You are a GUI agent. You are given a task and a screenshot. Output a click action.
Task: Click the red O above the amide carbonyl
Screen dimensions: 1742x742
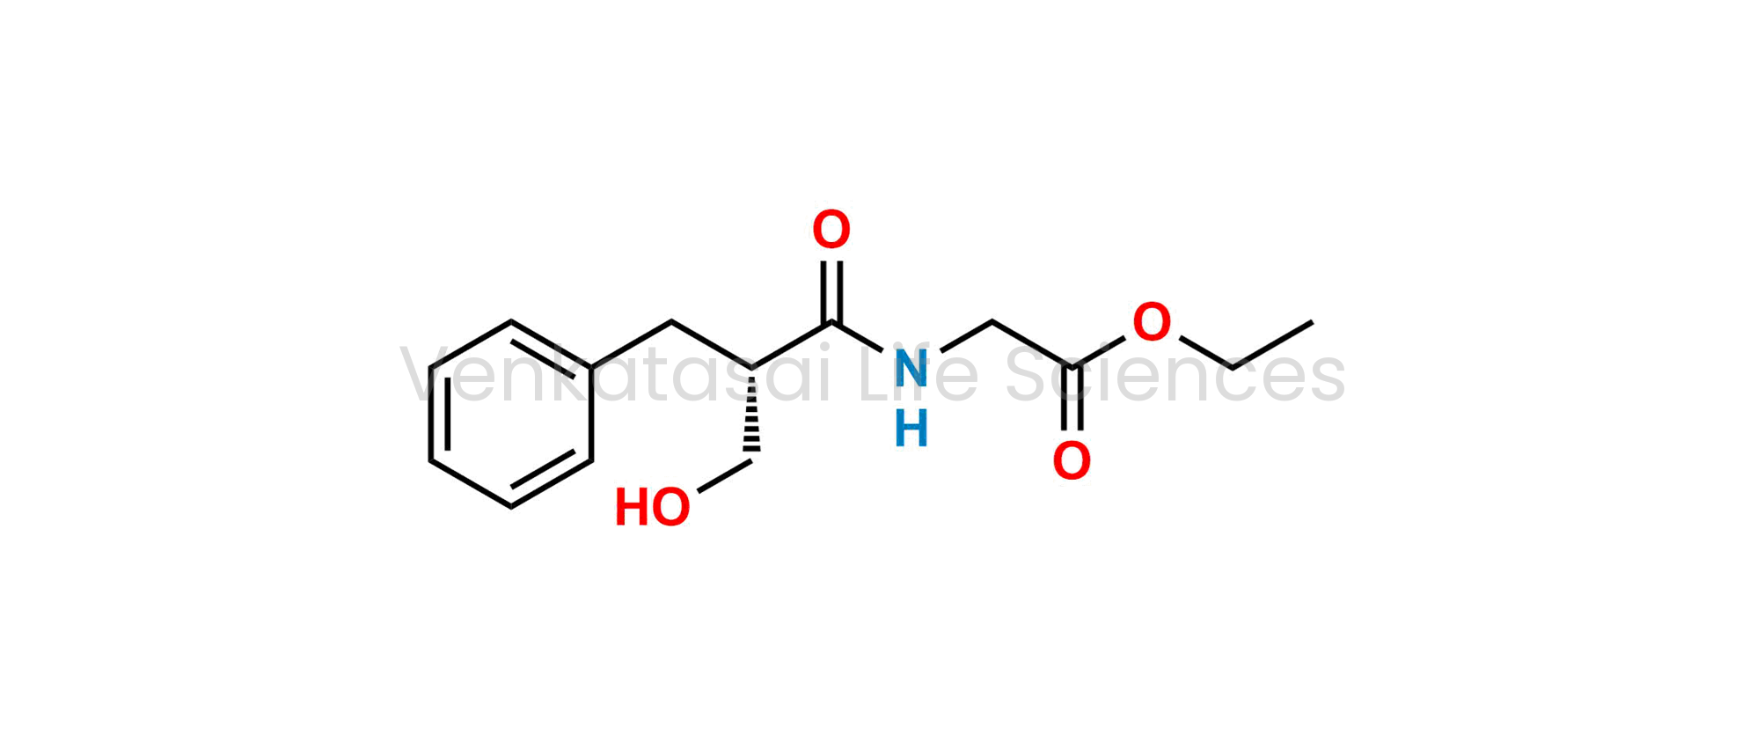tap(831, 230)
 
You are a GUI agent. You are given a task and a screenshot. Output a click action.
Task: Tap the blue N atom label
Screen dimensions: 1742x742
tap(911, 368)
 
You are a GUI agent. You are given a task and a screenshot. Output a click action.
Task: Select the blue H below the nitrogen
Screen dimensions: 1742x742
tap(911, 430)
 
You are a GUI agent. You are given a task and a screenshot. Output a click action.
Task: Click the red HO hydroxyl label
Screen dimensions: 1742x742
tap(653, 508)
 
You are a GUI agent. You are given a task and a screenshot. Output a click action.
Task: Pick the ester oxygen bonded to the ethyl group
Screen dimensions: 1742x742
tap(1152, 322)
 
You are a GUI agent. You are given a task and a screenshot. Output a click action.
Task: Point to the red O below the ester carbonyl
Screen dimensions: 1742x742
tap(1072, 461)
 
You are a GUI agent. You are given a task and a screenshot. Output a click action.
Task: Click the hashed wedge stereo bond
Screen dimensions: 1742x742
tap(751, 414)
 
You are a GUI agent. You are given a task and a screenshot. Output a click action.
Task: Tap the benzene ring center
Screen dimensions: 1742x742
tap(511, 414)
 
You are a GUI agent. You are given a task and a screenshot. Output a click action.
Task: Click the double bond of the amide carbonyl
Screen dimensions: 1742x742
tap(831, 292)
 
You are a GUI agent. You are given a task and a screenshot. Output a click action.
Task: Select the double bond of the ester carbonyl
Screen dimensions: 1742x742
tap(1072, 398)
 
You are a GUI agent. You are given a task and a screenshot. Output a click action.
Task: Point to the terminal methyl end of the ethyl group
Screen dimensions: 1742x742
tap(1312, 322)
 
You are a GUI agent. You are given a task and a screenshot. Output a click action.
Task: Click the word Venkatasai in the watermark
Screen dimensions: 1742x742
tap(615, 375)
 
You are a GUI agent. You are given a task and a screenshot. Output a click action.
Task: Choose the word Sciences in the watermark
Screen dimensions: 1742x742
tap(1175, 375)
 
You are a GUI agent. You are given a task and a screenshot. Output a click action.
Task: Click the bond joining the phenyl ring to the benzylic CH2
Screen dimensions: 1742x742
tap(632, 345)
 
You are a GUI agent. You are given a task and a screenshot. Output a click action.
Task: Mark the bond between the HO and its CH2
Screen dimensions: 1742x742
tap(725, 475)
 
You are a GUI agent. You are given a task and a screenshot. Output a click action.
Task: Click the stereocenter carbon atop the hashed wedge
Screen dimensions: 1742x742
tap(751, 368)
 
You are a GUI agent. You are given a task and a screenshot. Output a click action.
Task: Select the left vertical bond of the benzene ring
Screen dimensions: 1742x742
tap(431, 414)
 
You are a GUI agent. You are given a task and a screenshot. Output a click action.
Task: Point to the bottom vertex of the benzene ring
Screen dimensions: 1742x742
tap(511, 507)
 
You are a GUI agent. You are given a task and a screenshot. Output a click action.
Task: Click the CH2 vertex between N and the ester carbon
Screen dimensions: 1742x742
tap(992, 322)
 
